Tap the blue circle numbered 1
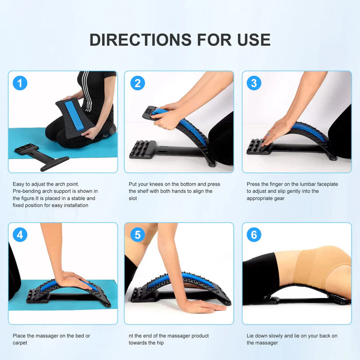pyautogui.click(x=20, y=83)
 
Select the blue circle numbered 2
pyautogui.click(x=137, y=83)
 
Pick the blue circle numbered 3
pyautogui.click(x=254, y=83)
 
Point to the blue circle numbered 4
pyautogui.click(x=20, y=234)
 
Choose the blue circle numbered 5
pyautogui.click(x=137, y=234)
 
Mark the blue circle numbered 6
pyautogui.click(x=254, y=234)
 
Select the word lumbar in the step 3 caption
pyautogui.click(x=304, y=184)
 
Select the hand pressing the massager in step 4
pyautogui.click(x=75, y=280)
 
